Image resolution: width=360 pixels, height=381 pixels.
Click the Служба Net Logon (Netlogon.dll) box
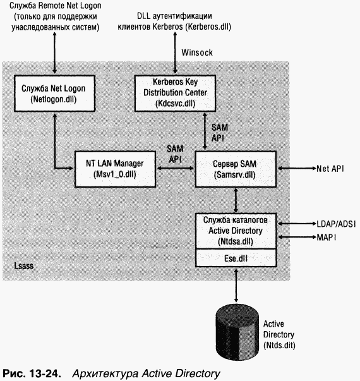tap(54, 94)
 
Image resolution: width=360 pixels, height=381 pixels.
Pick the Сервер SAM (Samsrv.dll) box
tap(235, 169)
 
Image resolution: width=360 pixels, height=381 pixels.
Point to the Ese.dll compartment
tap(235, 258)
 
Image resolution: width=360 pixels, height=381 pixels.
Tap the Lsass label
tap(23, 267)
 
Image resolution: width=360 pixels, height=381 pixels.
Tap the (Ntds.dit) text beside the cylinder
tap(281, 346)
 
